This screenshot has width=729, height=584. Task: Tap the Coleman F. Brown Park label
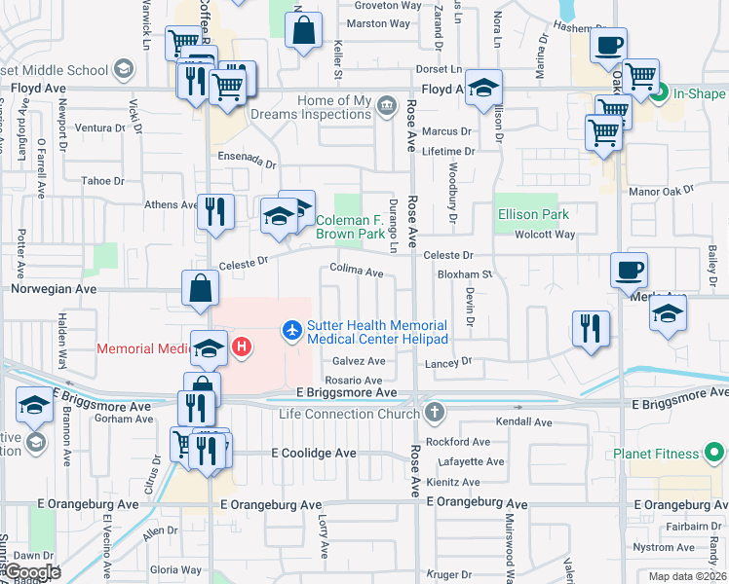tap(351, 227)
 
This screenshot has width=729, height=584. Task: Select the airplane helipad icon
tap(291, 331)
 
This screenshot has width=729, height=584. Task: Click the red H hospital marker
tap(241, 347)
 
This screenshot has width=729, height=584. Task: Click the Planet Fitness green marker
tap(714, 454)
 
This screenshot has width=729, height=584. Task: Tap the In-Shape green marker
tap(660, 94)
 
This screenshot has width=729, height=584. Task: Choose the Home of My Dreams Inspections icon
tap(387, 105)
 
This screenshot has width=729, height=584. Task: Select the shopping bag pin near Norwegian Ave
tap(200, 289)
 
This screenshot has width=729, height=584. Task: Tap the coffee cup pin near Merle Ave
tap(629, 270)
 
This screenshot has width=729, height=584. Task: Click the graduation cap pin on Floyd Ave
tap(483, 89)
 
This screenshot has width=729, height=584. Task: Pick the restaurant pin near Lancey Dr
tap(591, 328)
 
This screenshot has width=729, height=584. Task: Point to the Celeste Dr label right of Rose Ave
tap(448, 255)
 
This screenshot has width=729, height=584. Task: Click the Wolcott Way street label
tap(545, 235)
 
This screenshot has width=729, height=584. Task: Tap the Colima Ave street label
tap(357, 272)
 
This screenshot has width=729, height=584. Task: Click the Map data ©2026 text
tap(686, 576)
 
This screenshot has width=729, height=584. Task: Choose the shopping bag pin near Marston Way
tap(304, 30)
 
